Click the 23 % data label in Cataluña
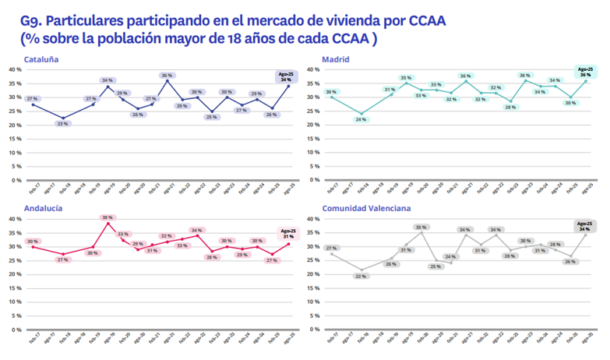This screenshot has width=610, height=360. click(x=63, y=124)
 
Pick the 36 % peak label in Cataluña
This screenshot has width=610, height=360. click(x=167, y=76)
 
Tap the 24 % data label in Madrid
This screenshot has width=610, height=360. click(x=361, y=119)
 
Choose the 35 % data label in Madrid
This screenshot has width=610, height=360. click(x=406, y=78)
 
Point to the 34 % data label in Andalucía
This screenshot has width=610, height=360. click(x=196, y=231)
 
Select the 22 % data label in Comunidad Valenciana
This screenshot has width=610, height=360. click(x=361, y=276)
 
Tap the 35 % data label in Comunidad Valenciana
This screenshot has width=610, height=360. click(x=421, y=227)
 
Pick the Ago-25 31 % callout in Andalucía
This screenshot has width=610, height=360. click(x=288, y=233)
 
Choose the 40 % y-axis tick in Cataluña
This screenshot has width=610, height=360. click(x=14, y=69)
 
